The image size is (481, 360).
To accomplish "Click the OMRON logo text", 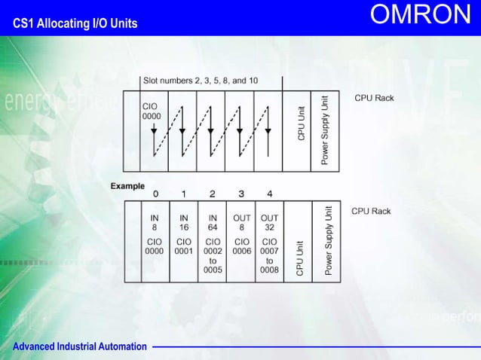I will coord(421,16).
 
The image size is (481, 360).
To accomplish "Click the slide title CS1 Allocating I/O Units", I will coord(75,23).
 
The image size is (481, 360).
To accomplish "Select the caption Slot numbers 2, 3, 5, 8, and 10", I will coord(200,81).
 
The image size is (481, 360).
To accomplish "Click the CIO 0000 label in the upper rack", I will coord(152,111).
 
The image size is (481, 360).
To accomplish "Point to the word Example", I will coord(127,186).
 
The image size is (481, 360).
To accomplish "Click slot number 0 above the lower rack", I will coord(155,194).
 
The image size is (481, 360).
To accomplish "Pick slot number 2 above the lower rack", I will coord(213,194).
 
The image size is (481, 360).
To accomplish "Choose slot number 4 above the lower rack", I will coord(269,194).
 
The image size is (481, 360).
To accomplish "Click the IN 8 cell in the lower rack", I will coord(155,223).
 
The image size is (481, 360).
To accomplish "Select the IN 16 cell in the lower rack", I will coord(183,223).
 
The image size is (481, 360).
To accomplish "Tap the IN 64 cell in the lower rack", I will coord(213,223).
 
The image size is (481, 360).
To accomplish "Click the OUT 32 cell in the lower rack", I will coord(269,223).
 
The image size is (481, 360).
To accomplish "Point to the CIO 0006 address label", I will coord(241,247).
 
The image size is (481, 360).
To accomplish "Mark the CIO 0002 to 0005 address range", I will coord(213,256).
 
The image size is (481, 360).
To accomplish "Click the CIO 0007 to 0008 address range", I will coord(269,256).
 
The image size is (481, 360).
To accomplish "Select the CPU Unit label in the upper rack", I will coord(302,123).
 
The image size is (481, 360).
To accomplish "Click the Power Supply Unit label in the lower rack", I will coord(328,241).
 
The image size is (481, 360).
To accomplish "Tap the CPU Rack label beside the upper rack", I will coord(374,98).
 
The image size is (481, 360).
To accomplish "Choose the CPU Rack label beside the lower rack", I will coord(371,212).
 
